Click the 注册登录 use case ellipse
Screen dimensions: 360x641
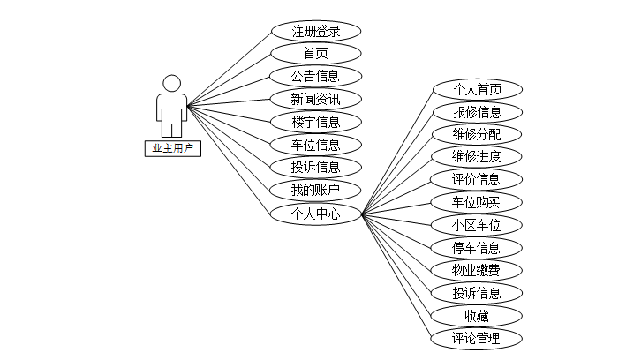pyautogui.click(x=315, y=31)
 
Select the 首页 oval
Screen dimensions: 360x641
pyautogui.click(x=315, y=53)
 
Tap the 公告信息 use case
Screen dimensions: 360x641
pyautogui.click(x=315, y=76)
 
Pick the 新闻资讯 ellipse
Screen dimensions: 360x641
pyautogui.click(x=315, y=99)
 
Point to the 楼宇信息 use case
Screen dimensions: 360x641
pyautogui.click(x=315, y=122)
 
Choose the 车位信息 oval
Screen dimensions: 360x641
pyautogui.click(x=315, y=144)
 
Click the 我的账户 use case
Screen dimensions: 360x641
pyautogui.click(x=315, y=190)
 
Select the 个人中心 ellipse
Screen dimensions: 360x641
pyautogui.click(x=315, y=213)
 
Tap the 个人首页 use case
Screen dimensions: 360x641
pyautogui.click(x=477, y=89)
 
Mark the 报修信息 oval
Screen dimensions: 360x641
pyautogui.click(x=477, y=112)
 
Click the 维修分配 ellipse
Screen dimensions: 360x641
pyautogui.click(x=477, y=134)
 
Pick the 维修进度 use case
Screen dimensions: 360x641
pyautogui.click(x=477, y=157)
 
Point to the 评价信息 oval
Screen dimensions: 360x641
pyautogui.click(x=477, y=180)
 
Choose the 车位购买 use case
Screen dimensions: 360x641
pyautogui.click(x=477, y=203)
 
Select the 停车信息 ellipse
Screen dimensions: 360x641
pyautogui.click(x=477, y=248)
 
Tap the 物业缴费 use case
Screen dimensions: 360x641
pyautogui.click(x=477, y=270)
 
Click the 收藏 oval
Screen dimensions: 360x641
pyautogui.click(x=477, y=315)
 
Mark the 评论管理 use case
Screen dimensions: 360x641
pyautogui.click(x=477, y=338)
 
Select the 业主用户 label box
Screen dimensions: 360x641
pyautogui.click(x=172, y=148)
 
